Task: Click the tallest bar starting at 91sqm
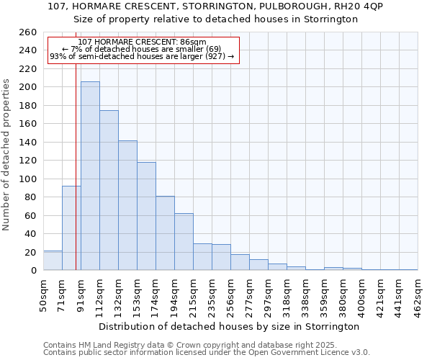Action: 90,176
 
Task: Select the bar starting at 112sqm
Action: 109,190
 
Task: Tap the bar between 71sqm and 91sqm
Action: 71,228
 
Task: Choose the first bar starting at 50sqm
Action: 53,261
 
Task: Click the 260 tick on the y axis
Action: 27,32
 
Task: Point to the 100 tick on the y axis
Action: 27,179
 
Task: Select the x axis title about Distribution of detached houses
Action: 229,326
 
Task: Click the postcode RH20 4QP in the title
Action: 356,6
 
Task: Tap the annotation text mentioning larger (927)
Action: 142,56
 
